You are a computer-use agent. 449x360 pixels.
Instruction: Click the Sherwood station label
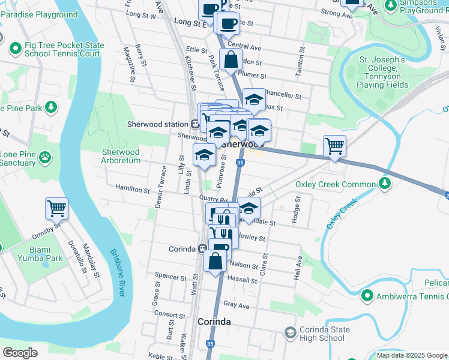(158, 124)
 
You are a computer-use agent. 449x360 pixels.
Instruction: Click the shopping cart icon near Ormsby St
(56, 208)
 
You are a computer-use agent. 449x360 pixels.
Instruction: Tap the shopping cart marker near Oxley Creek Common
(334, 145)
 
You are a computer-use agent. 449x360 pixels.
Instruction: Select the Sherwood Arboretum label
(121, 157)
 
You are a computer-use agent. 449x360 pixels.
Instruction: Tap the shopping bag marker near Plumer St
(231, 59)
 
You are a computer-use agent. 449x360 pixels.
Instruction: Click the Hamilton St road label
(133, 190)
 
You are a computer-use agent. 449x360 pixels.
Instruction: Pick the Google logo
(19, 353)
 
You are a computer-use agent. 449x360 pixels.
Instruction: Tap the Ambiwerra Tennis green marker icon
(367, 296)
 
